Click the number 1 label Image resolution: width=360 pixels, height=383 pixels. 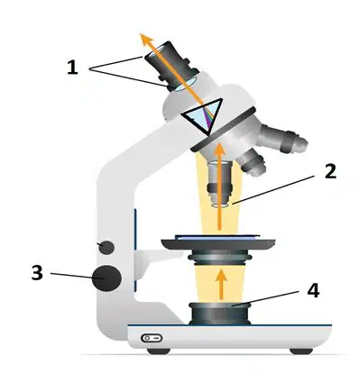click(x=72, y=67)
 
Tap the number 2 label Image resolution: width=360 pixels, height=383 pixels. click(x=330, y=172)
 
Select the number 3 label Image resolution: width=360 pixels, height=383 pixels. click(x=37, y=273)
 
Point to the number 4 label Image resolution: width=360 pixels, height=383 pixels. click(x=313, y=290)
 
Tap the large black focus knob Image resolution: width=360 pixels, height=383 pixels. click(x=106, y=278)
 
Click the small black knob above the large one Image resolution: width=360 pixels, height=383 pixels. click(x=106, y=248)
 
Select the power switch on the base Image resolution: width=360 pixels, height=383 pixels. click(x=152, y=338)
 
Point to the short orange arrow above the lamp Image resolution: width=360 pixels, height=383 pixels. click(x=222, y=284)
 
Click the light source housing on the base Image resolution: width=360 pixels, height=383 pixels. click(x=220, y=314)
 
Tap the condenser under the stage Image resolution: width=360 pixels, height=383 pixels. click(x=220, y=258)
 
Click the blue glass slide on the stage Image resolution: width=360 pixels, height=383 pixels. click(x=217, y=237)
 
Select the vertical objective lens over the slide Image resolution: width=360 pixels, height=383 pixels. click(x=220, y=184)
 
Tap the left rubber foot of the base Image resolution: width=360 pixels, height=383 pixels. click(x=159, y=351)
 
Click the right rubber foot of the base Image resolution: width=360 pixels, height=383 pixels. click(x=301, y=351)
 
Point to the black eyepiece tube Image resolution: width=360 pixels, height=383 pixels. click(x=171, y=65)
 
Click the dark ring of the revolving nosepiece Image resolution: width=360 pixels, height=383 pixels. click(x=224, y=130)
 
